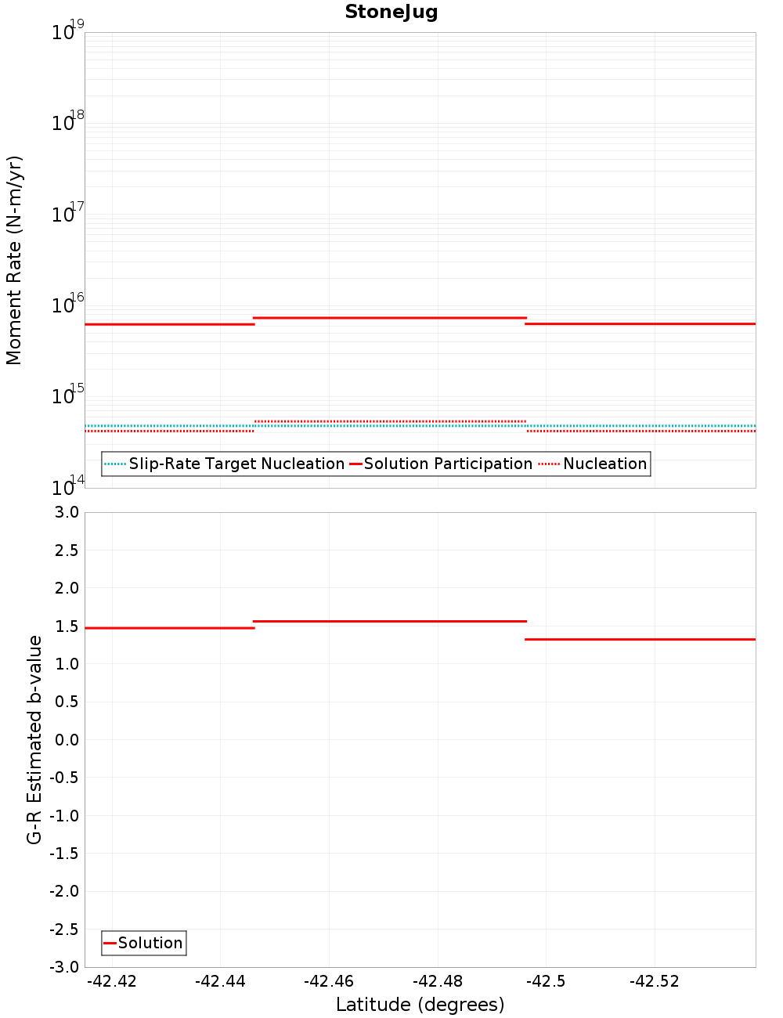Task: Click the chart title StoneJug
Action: point(391,12)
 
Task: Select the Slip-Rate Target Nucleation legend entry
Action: point(236,464)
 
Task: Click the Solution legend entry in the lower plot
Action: point(150,943)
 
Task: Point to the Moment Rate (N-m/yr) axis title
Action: point(14,260)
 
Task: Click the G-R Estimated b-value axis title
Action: point(34,739)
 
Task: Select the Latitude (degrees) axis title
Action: point(420,1005)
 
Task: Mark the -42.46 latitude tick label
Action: point(329,981)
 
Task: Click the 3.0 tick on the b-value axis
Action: point(66,512)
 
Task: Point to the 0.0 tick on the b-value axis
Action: point(66,739)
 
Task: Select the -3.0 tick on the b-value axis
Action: point(63,967)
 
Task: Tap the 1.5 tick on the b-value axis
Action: point(66,626)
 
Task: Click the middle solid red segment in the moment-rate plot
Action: point(390,318)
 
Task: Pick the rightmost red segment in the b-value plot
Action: point(640,640)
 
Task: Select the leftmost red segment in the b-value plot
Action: point(169,628)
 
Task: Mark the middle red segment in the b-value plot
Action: point(390,621)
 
